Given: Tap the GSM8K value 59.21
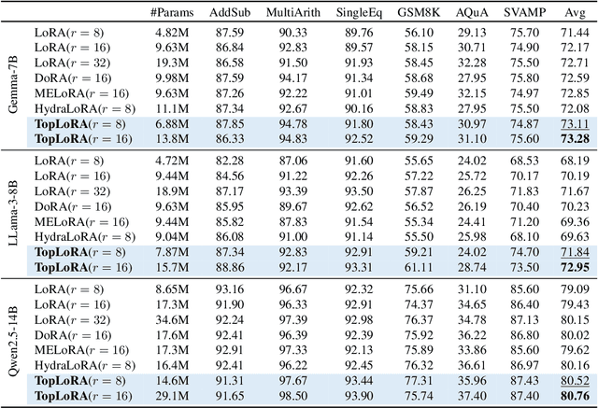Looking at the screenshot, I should click(x=449, y=252).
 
